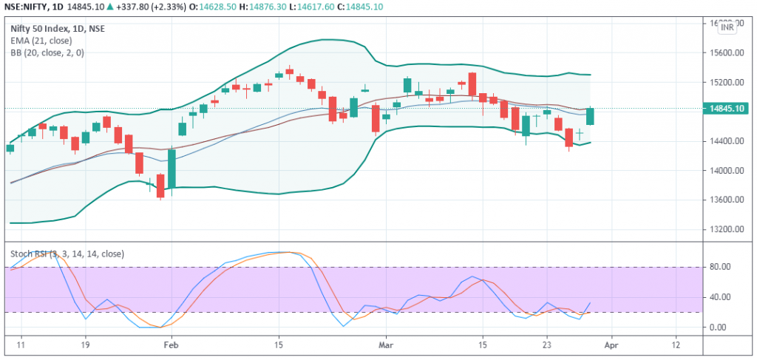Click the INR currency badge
727,27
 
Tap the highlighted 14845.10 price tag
727,109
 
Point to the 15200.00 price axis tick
726,82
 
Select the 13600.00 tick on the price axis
726,200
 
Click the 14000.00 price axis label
726,170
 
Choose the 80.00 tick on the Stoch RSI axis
720,267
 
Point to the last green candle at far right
591,116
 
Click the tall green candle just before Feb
172,169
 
